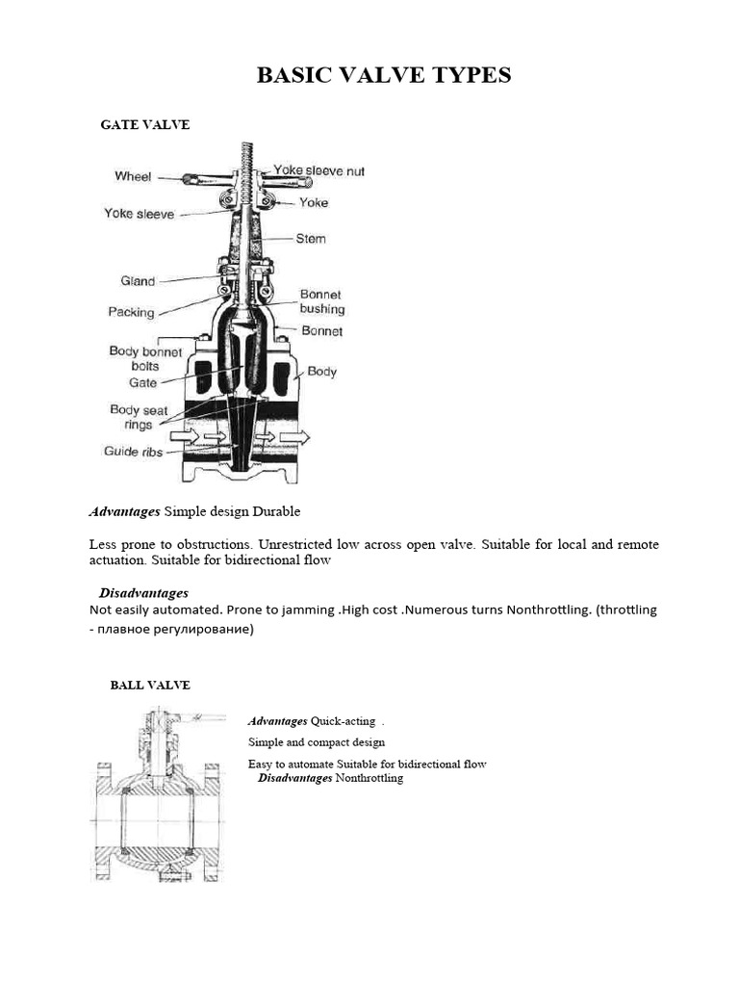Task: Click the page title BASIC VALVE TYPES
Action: tap(384, 76)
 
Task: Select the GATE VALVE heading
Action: tap(145, 125)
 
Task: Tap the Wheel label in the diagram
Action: tap(133, 176)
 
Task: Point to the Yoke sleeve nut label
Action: tap(319, 171)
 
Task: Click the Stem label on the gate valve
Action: tap(311, 239)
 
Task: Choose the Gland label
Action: tap(138, 281)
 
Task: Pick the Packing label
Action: tap(131, 313)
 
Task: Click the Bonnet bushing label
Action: tap(321, 301)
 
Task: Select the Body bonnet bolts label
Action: tap(145, 359)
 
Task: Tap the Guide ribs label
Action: tap(134, 451)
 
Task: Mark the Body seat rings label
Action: tap(139, 417)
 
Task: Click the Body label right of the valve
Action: tap(321, 372)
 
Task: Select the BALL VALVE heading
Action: tap(150, 686)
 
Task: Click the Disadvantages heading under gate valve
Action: tap(143, 592)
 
